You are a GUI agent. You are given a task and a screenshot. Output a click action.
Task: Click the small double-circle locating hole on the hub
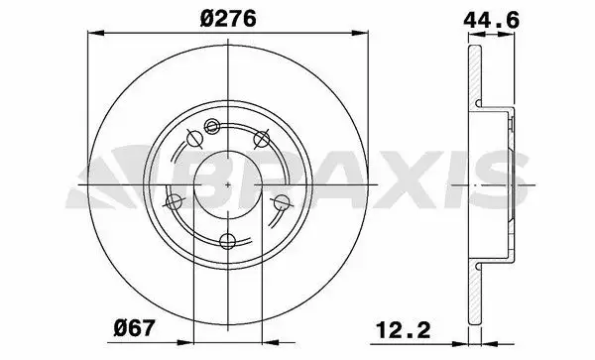click(210, 125)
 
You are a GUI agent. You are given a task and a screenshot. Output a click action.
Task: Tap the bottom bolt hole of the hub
click(228, 241)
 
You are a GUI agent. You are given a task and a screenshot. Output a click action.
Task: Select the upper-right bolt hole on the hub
click(263, 137)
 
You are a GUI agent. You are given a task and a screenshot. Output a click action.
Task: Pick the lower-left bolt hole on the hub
click(176, 202)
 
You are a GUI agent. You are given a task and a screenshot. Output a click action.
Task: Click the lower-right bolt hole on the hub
click(282, 202)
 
